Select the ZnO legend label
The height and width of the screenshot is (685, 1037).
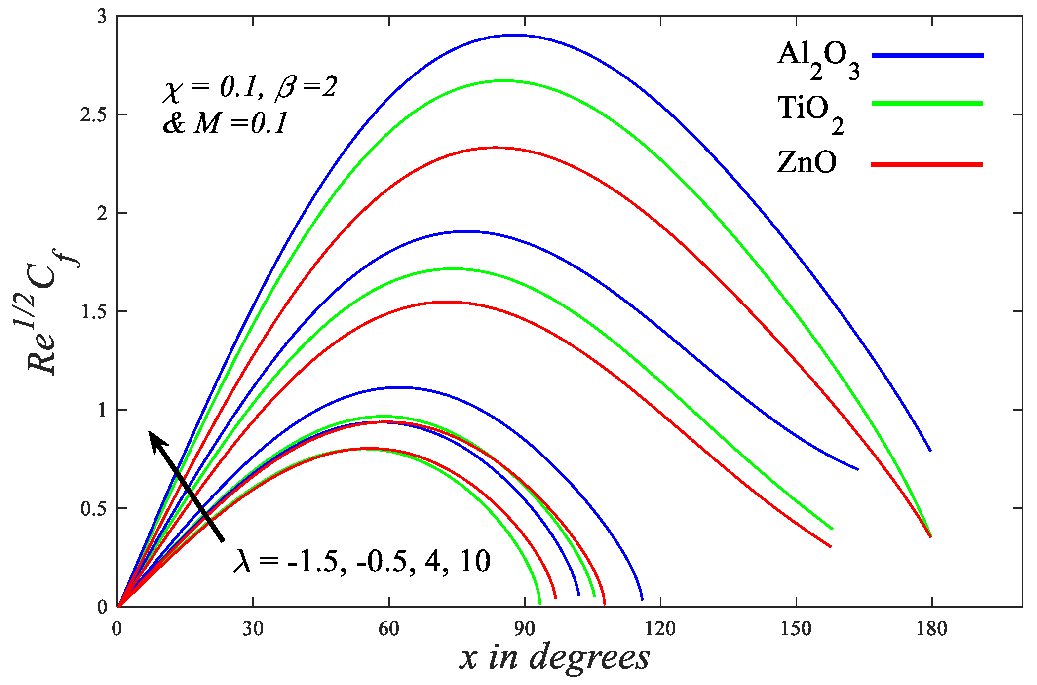[x=807, y=162]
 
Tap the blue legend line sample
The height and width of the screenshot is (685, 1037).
[x=927, y=56]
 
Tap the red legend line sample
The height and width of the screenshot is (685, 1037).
[x=926, y=165]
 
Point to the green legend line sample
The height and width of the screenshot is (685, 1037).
[x=927, y=104]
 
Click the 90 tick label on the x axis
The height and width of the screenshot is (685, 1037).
[x=524, y=629]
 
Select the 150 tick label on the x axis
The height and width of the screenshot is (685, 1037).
[x=796, y=629]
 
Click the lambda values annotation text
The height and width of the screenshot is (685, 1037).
[x=362, y=561]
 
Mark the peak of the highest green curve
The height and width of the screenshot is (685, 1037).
[x=503, y=80]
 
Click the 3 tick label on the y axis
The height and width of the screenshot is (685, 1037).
[x=102, y=17]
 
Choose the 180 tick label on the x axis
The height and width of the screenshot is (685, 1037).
[x=931, y=629]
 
